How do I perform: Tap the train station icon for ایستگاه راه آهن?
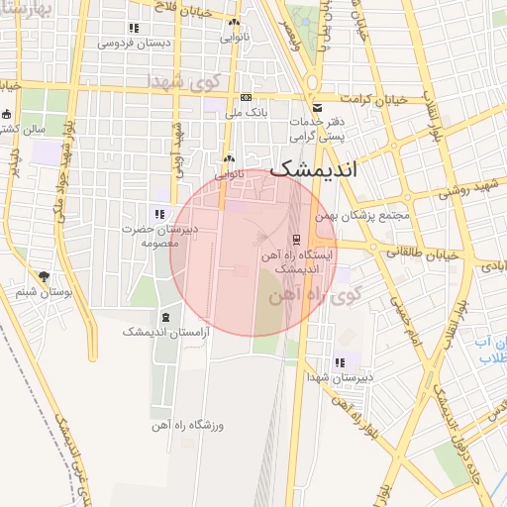pos(296,240)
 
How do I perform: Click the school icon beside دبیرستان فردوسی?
pos(134,29)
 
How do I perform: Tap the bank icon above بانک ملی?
pos(246,97)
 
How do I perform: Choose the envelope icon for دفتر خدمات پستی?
pos(317,107)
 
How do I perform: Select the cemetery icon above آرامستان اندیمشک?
pos(164,317)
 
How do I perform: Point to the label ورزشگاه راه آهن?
pos(188,425)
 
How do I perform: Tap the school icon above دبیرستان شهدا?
pos(341,362)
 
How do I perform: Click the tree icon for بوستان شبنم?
pos(43,276)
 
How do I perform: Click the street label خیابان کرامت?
pos(373,100)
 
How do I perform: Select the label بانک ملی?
pos(247,113)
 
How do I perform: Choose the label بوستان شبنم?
pos(41,292)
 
